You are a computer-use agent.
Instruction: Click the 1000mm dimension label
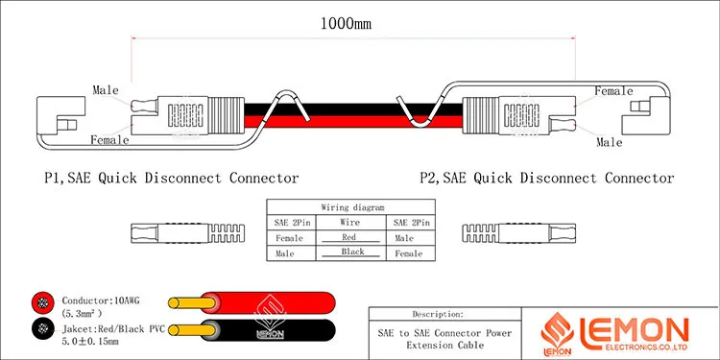pos(346,24)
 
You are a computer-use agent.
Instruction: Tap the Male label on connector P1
pos(106,90)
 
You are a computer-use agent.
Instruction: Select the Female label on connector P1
pos(109,140)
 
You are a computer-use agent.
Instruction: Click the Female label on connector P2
pos(614,91)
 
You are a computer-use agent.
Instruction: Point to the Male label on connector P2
pos(610,142)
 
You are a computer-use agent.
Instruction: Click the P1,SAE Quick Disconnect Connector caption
pos(171,178)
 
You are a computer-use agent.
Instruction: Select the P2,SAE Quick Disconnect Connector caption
pos(546,178)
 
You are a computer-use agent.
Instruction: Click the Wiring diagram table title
pos(352,207)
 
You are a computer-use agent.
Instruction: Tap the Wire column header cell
pos(352,223)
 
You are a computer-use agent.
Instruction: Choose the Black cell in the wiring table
pos(352,252)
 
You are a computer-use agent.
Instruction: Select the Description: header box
pos(438,314)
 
